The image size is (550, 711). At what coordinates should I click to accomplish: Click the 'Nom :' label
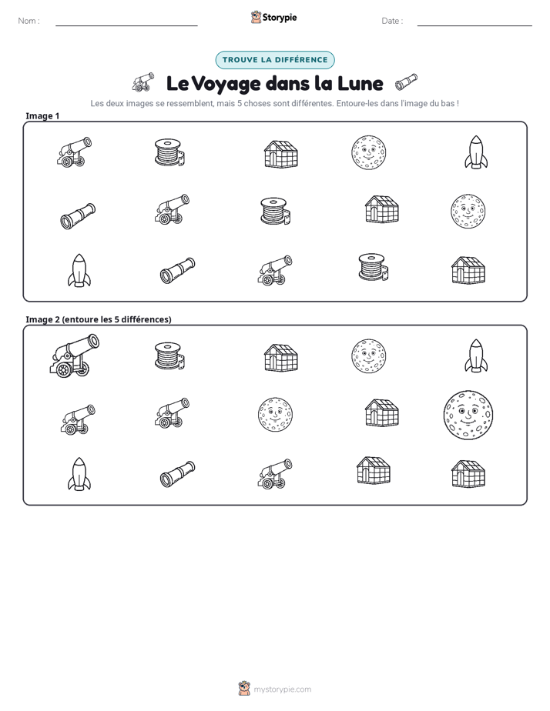pos(29,21)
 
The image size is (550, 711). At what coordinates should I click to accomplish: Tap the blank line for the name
pos(126,25)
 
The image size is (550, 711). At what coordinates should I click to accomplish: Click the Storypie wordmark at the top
pos(280,18)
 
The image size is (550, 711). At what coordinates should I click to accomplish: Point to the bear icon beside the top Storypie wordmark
pos(256,17)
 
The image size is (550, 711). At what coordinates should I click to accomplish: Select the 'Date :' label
pos(392,21)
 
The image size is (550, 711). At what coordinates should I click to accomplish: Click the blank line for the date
pos(475,25)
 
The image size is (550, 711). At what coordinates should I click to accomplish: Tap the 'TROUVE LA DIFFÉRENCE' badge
pos(275,60)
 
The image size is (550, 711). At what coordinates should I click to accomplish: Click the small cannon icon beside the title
pos(143,82)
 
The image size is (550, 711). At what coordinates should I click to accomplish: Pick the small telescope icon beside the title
pos(406,82)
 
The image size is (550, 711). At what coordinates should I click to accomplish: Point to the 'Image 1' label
pos(42,115)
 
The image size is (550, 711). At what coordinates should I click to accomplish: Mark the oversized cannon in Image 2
pos(74,355)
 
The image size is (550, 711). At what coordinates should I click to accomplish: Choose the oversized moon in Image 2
pos(468,416)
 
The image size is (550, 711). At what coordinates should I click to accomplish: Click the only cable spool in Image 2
pos(169,356)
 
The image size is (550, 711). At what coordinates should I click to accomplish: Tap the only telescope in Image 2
pos(177,474)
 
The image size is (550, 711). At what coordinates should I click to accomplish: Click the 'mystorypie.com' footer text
pos(282,689)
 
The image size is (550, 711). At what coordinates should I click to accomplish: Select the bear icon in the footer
pos(244,689)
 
